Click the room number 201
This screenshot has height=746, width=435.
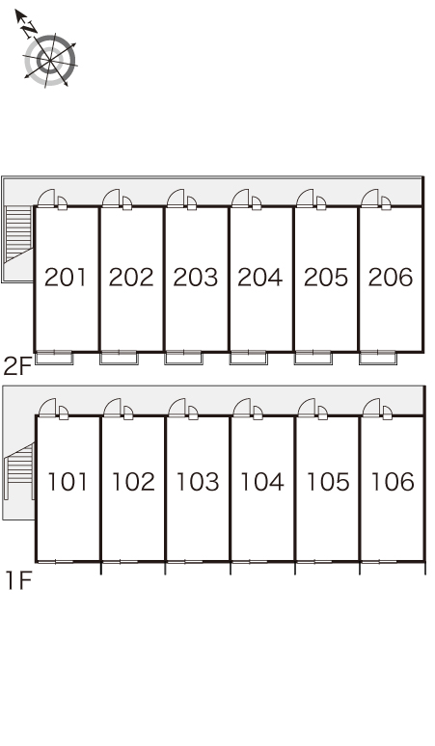click(x=66, y=278)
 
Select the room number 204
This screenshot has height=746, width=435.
click(x=259, y=278)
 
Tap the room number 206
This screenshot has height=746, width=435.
click(x=391, y=278)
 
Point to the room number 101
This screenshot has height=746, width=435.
click(x=68, y=482)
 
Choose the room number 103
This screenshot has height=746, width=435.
click(x=198, y=482)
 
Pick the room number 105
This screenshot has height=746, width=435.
click(x=327, y=482)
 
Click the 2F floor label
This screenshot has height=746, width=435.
click(x=17, y=366)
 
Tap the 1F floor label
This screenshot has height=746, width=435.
click(x=18, y=580)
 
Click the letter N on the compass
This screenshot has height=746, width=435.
click(x=30, y=28)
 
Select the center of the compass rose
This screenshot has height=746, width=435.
click(x=50, y=60)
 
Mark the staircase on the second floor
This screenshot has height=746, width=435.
click(x=18, y=234)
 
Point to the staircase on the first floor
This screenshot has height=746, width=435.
click(x=19, y=471)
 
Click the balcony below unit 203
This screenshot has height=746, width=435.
click(x=183, y=358)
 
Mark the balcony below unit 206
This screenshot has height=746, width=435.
click(x=378, y=358)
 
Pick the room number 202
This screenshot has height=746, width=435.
click(x=131, y=278)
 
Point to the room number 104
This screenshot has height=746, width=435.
click(x=262, y=482)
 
